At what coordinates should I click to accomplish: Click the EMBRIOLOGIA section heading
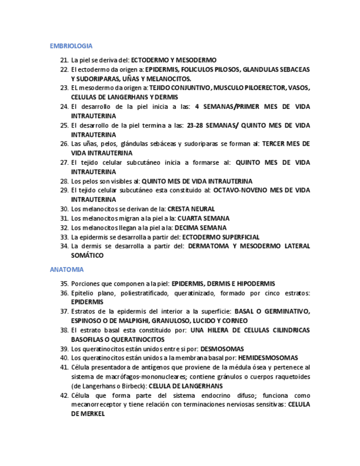71,46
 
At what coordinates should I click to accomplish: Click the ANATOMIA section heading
67,270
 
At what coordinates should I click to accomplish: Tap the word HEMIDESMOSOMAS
268,358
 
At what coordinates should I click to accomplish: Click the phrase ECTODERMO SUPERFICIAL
221,237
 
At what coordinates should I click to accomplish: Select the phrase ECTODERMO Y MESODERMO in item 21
174,60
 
